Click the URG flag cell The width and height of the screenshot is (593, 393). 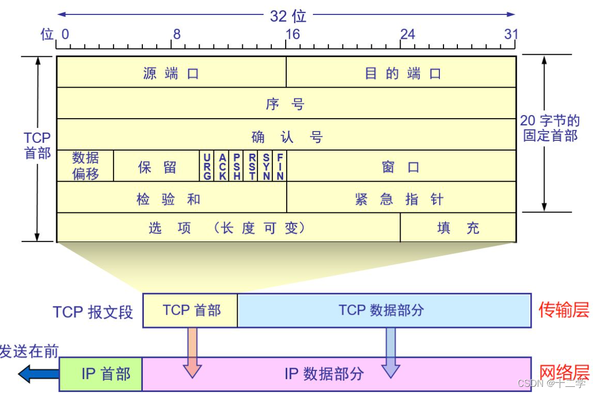pyautogui.click(x=207, y=166)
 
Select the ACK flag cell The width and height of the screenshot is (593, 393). pyautogui.click(x=222, y=166)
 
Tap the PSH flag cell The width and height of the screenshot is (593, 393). pyautogui.click(x=236, y=166)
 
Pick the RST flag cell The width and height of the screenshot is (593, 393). pyautogui.click(x=251, y=166)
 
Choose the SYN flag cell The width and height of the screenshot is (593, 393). pyautogui.click(x=266, y=166)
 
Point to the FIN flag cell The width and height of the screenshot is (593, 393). pyautogui.click(x=280, y=166)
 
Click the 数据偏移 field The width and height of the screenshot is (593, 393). pyautogui.click(x=85, y=166)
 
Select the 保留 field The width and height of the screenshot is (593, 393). pyautogui.click(x=157, y=166)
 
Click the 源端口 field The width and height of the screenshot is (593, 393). pyautogui.click(x=171, y=72)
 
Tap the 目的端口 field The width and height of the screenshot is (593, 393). pyautogui.click(x=401, y=72)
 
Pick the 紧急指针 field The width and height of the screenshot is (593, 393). pyautogui.click(x=401, y=197)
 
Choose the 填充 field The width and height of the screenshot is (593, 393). pyautogui.click(x=458, y=227)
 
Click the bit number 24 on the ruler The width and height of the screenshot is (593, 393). pyautogui.click(x=408, y=35)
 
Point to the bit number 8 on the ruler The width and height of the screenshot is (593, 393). pyautogui.click(x=177, y=35)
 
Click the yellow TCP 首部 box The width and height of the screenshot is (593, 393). pyautogui.click(x=190, y=310)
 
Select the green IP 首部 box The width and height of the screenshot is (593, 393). pyautogui.click(x=101, y=374)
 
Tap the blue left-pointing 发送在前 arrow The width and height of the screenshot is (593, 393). pyautogui.click(x=39, y=374)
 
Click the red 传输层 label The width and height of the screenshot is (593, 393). pyautogui.click(x=564, y=310)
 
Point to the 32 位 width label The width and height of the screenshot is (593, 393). pyautogui.click(x=288, y=17)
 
